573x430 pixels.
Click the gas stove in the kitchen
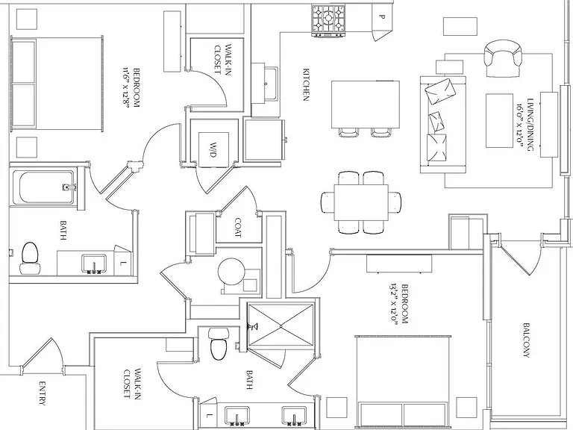[328, 20]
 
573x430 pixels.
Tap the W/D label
[212, 149]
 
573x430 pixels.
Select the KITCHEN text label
[306, 84]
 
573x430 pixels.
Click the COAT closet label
[238, 228]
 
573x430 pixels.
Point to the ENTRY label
[42, 394]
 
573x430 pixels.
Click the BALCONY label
[527, 340]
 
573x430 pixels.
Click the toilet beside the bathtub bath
[30, 258]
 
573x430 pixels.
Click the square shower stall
[281, 324]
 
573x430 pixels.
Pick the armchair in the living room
[502, 58]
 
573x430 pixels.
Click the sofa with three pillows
[443, 125]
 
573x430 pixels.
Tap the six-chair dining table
[361, 202]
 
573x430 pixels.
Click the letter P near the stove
[382, 16]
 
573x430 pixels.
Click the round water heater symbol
[231, 272]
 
